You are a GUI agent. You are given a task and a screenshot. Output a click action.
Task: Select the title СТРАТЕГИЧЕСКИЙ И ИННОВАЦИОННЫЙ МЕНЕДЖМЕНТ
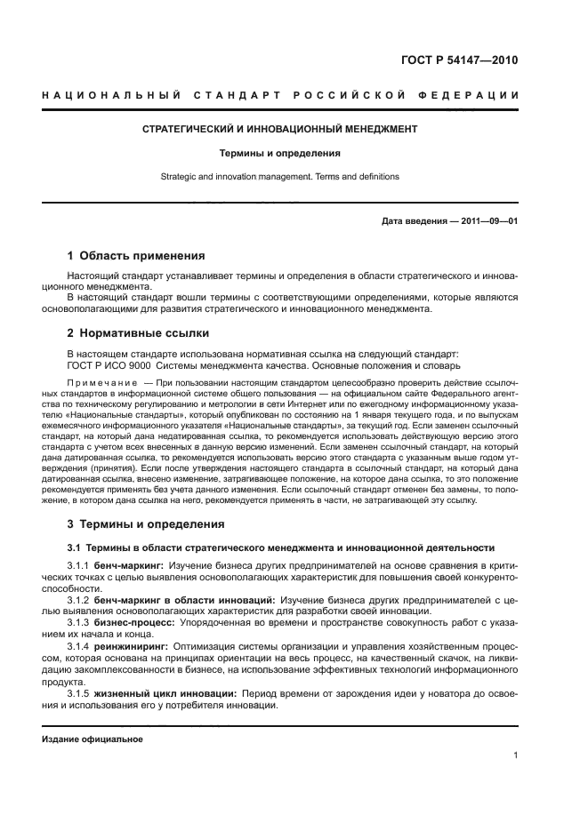pyautogui.click(x=280, y=129)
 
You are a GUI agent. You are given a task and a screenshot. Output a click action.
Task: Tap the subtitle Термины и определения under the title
pyautogui.click(x=280, y=152)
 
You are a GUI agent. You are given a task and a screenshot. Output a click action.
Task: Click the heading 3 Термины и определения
pyautogui.click(x=146, y=523)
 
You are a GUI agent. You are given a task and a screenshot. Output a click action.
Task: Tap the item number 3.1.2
pyautogui.click(x=80, y=600)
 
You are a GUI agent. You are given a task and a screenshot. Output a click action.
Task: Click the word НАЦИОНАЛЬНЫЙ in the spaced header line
pyautogui.click(x=115, y=95)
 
